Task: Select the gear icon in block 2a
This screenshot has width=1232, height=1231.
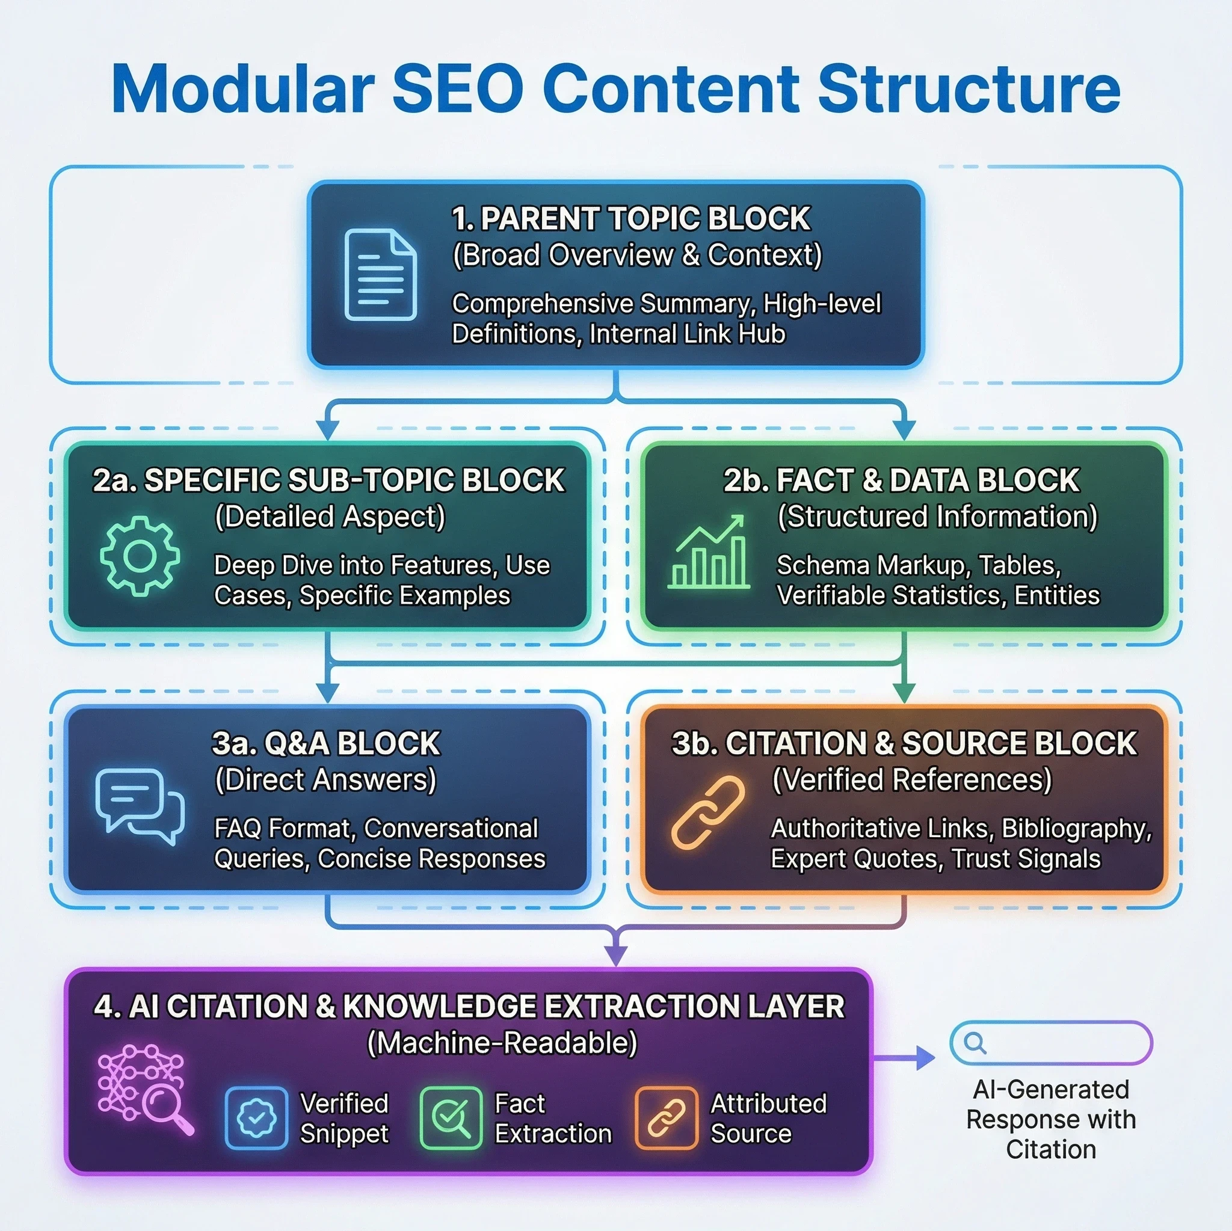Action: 140,556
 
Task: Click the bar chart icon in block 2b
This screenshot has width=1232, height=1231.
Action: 709,551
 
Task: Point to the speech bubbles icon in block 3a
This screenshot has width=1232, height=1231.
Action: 140,806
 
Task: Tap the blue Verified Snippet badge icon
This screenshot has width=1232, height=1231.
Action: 256,1117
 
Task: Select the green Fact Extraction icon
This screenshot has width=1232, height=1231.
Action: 451,1117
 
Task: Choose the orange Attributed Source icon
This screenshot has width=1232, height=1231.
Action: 666,1117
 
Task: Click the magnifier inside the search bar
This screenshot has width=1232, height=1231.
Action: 975,1043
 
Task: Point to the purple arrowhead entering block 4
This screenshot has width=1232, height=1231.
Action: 615,954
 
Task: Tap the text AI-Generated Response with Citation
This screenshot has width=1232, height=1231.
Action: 1050,1119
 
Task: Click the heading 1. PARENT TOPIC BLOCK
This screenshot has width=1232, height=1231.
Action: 630,219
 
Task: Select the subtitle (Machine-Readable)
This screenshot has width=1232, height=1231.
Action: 502,1043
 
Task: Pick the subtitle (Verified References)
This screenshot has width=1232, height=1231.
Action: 912,779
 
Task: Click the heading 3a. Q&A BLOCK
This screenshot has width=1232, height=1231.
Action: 326,743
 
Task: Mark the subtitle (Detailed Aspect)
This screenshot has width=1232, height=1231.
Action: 330,517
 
